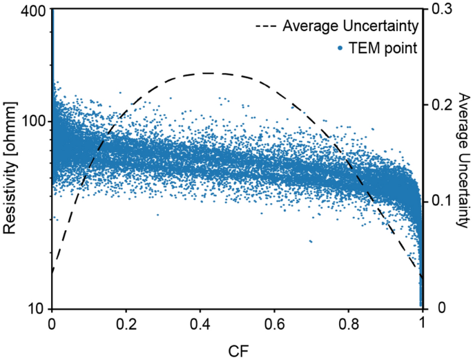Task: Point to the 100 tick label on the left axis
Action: pos(35,120)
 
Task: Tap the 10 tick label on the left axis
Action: pos(39,308)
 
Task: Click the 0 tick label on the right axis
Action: pos(432,308)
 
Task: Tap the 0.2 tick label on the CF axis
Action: pos(126,323)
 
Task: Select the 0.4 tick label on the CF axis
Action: pos(200,323)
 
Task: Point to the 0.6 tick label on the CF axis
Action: pos(274,323)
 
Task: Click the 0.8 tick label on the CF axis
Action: pos(348,323)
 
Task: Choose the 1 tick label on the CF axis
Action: pos(422,323)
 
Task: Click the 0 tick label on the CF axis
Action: pos(52,323)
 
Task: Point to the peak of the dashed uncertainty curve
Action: pos(207,73)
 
